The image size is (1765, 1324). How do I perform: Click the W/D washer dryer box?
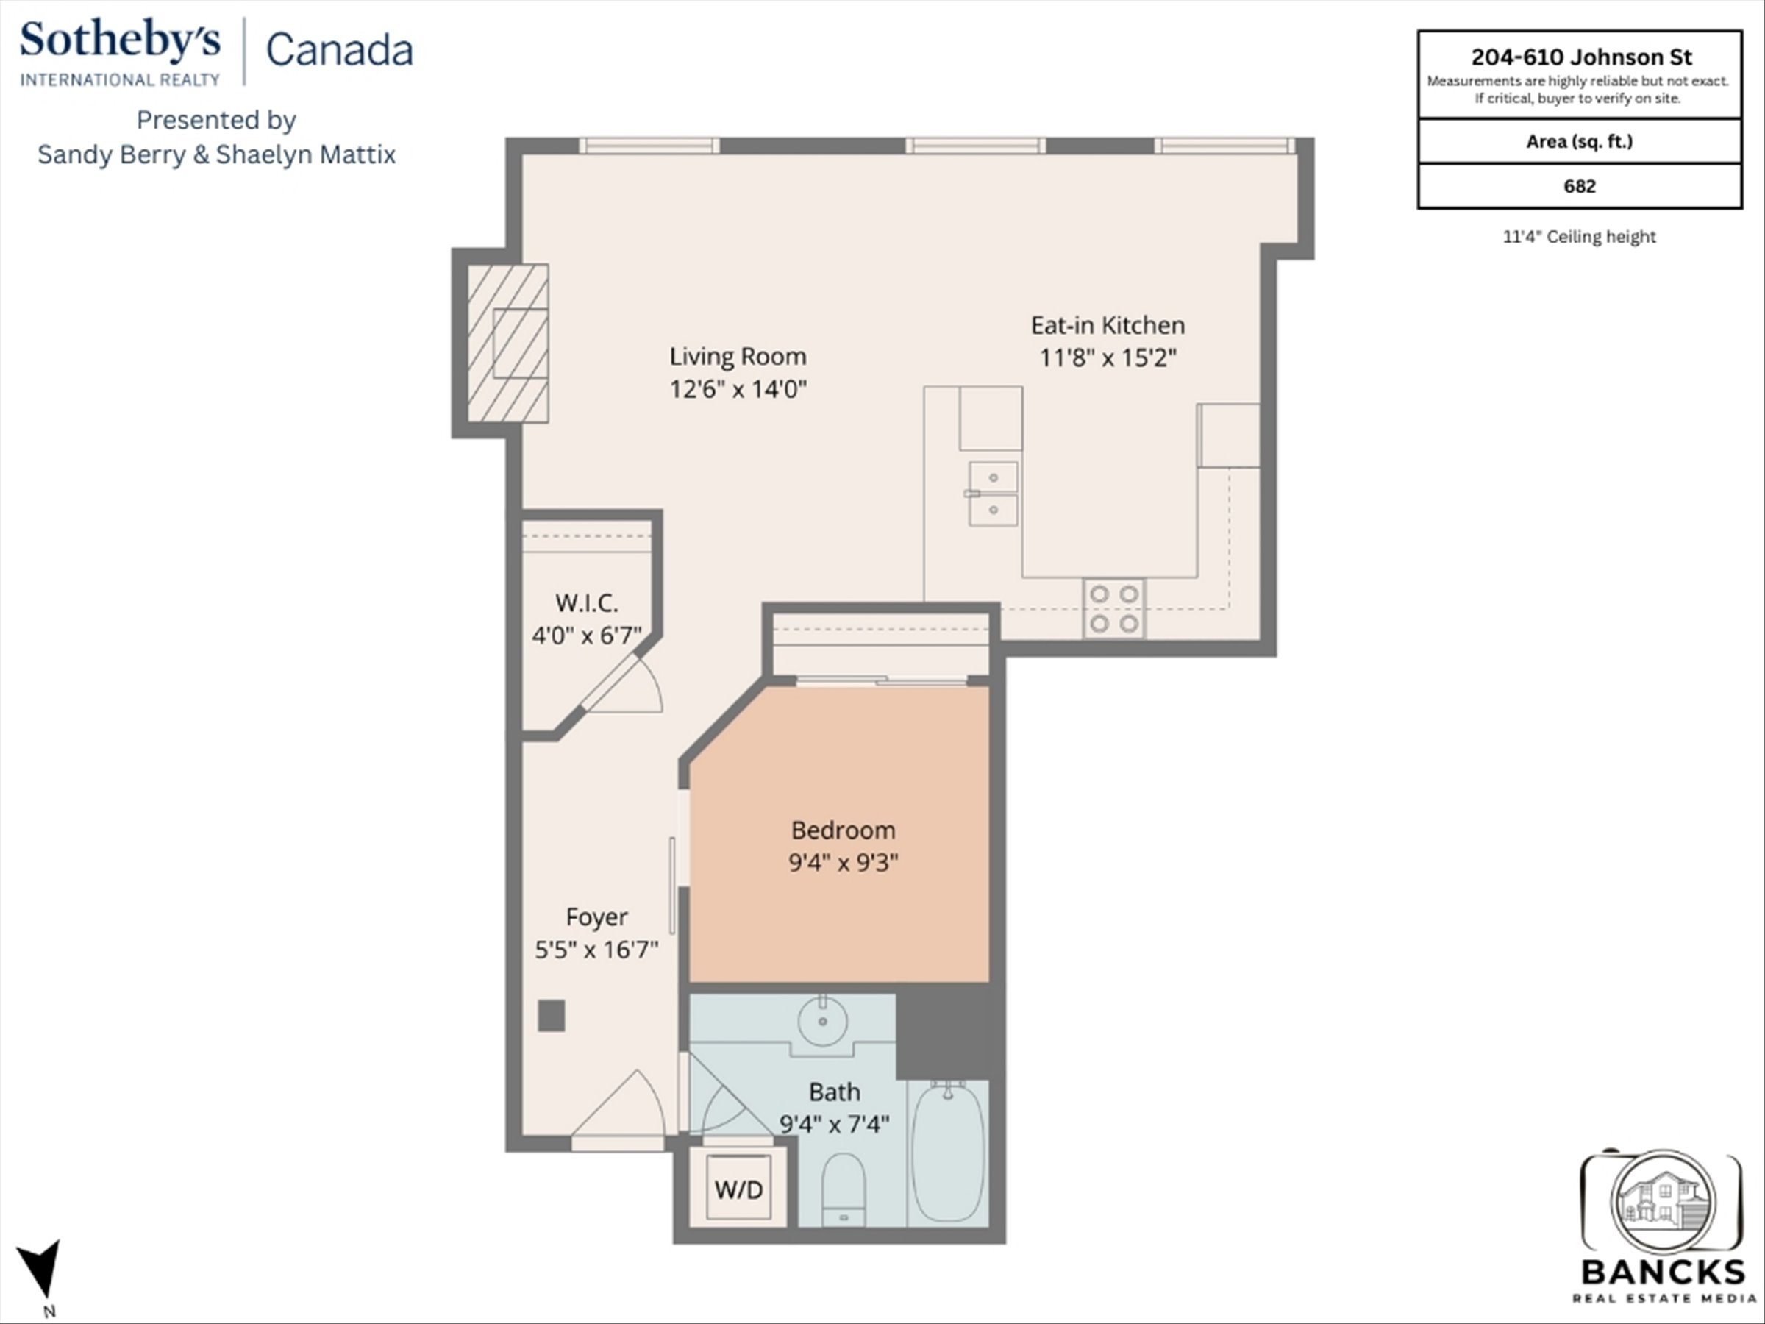(738, 1189)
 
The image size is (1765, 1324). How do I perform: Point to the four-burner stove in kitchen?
(1114, 608)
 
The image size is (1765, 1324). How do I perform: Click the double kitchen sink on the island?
(993, 494)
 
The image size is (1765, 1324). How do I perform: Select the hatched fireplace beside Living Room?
(507, 344)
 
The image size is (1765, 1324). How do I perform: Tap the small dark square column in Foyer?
(552, 1016)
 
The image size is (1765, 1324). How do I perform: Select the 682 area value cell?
(1579, 186)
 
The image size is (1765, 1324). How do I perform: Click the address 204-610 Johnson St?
(1580, 57)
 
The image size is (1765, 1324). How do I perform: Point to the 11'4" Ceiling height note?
(1579, 237)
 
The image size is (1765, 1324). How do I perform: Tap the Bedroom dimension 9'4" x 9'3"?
(844, 863)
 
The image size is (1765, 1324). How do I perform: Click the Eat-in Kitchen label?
(1108, 326)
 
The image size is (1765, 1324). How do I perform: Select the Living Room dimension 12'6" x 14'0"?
(738, 389)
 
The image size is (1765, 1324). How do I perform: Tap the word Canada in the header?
(339, 49)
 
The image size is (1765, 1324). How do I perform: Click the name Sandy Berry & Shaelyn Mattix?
(216, 154)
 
